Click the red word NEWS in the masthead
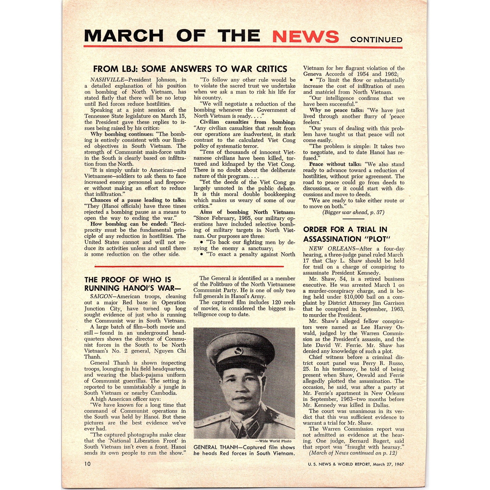coord(305,36)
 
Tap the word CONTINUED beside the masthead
coord(376,40)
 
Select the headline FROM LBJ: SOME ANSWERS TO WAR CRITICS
coord(190,69)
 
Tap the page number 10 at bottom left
coord(88,464)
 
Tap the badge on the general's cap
coord(238,351)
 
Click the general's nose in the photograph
coord(241,389)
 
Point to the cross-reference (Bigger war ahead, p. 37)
coord(353,212)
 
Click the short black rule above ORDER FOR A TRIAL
coord(353,219)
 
